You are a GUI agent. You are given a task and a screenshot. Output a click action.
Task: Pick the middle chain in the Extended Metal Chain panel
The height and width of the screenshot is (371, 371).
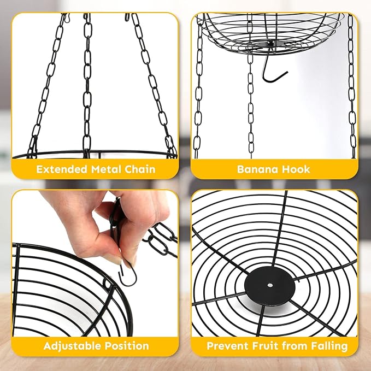pos(87,87)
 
